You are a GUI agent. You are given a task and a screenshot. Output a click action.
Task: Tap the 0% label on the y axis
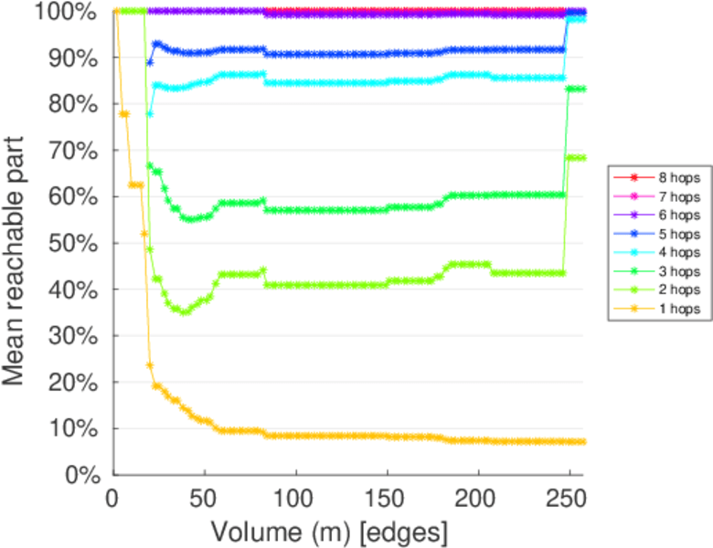tap(83, 474)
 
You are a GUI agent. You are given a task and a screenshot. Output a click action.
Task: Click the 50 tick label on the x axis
tap(204, 499)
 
